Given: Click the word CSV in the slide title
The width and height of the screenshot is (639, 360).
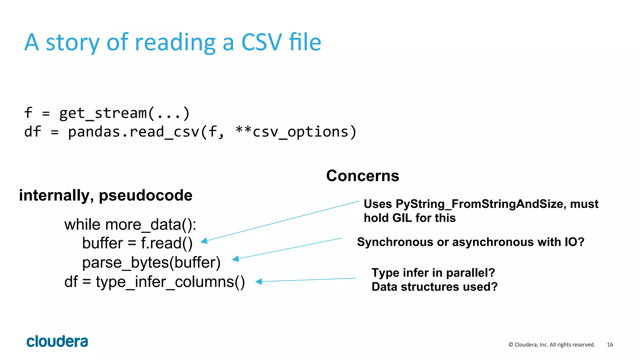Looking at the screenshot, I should point(261,42).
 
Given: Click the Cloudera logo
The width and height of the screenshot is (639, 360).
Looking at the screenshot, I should point(57,342).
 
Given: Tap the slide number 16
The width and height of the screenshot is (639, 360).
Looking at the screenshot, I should point(610,345).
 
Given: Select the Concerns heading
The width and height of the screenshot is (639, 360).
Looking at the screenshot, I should point(363,176).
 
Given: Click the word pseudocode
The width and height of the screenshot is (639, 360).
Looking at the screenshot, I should point(145,195).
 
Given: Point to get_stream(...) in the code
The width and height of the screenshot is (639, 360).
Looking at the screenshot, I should point(124,113).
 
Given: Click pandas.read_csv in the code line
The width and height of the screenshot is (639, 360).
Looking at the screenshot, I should point(134,132).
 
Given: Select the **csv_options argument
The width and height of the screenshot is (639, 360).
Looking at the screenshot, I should point(296,132).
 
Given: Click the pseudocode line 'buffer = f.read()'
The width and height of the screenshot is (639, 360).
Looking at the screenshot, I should point(137,243).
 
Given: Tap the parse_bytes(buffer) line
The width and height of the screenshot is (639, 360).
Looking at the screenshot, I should point(151,263).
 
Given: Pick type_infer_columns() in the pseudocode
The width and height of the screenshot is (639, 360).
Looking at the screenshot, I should point(170,282).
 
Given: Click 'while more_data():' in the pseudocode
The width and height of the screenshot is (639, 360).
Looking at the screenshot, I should point(130,224).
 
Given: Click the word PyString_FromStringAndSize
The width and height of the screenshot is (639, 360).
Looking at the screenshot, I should point(479,204).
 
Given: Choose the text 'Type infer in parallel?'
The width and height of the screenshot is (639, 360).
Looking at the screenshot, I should point(433,273).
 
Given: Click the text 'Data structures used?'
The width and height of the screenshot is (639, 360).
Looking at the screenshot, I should point(434,287).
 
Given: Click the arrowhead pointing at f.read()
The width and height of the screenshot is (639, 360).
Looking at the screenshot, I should point(204,241).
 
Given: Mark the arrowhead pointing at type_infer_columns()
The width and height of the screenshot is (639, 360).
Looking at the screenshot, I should point(259,282).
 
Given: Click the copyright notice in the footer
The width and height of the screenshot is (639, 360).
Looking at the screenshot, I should point(552,345).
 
